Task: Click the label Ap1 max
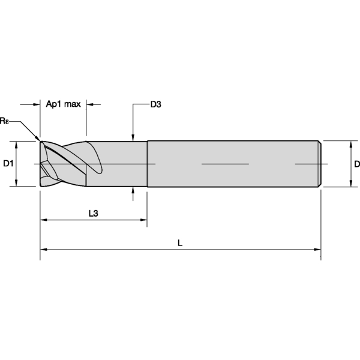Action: tap(63, 104)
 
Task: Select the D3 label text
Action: tap(155, 104)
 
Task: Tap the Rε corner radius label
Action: tap(5, 121)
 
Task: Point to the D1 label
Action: tap(8, 164)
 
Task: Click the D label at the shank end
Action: tap(356, 164)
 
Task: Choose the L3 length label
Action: tap(94, 213)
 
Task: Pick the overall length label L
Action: tap(180, 243)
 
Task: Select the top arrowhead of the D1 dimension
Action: tap(17, 145)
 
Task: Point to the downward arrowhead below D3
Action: tap(133, 137)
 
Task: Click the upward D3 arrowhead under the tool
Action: tap(133, 192)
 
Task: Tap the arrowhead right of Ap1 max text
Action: tap(90, 104)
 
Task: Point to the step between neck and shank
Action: tap(147, 164)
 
